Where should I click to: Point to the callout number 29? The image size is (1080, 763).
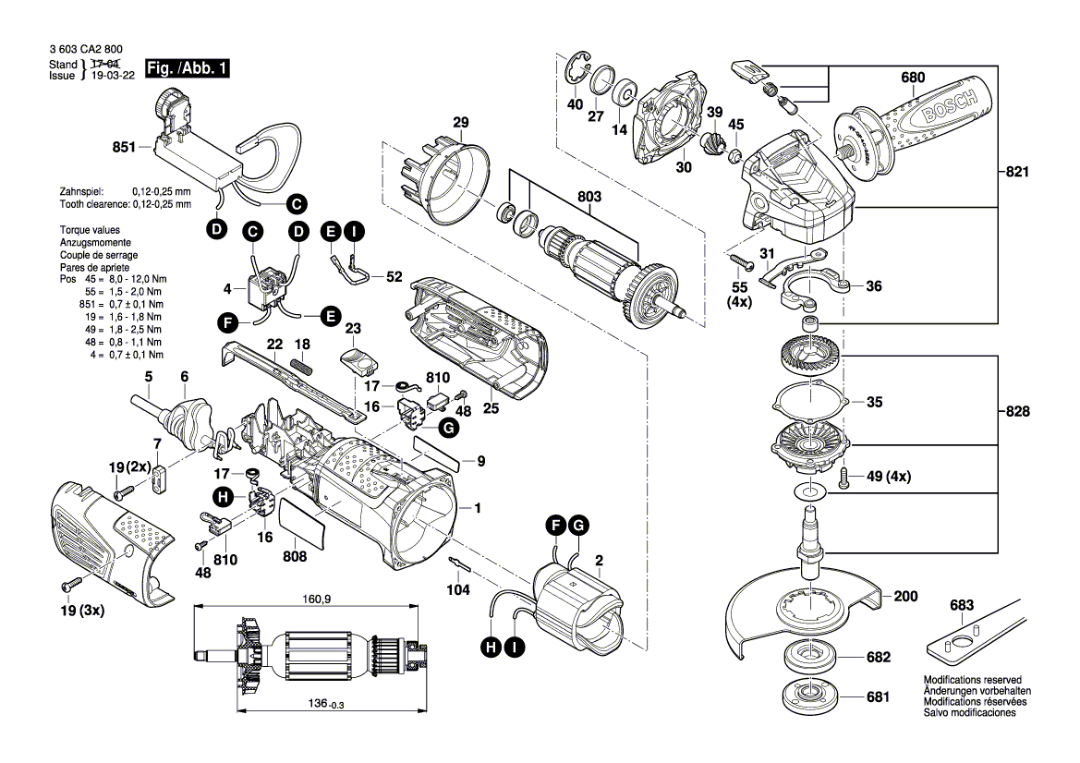click(460, 123)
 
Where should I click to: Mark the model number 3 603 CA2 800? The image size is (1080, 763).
click(83, 51)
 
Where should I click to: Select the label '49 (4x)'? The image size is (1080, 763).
click(886, 477)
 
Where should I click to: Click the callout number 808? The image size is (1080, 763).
click(294, 557)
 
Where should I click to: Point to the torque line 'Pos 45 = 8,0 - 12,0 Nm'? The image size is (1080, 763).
click(113, 278)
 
